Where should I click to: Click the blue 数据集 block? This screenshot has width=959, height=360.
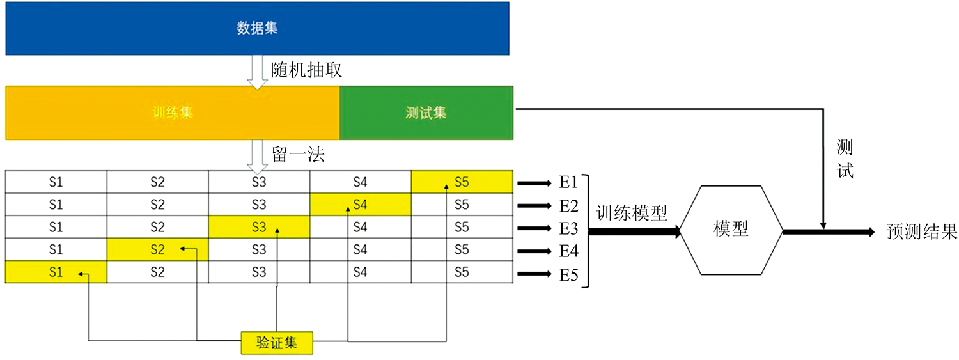257,28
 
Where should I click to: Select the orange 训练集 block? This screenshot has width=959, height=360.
173,113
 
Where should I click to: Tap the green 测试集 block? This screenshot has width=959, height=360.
426,113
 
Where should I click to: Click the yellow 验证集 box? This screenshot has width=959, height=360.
277,343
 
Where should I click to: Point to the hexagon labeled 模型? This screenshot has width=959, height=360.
731,230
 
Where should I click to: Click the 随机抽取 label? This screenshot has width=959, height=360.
306,70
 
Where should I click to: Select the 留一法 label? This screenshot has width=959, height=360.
298,155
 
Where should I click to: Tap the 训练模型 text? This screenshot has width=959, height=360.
632,213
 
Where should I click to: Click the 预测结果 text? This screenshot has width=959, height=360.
921,231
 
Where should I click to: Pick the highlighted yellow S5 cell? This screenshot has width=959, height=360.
462,182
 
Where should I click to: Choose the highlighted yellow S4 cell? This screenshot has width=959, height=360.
361,204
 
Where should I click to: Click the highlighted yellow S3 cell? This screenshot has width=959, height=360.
259,227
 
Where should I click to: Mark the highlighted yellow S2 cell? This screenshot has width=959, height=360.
157,249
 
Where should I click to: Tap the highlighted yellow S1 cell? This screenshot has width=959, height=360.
56,272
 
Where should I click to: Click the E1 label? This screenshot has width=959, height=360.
568,182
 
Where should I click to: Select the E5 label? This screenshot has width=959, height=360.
568,275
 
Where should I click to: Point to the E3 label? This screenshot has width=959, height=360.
568,228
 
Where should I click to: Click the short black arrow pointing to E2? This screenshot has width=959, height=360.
534,206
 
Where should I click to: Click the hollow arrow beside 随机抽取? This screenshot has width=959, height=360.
257,72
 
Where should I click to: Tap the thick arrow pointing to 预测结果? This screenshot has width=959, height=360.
829,232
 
